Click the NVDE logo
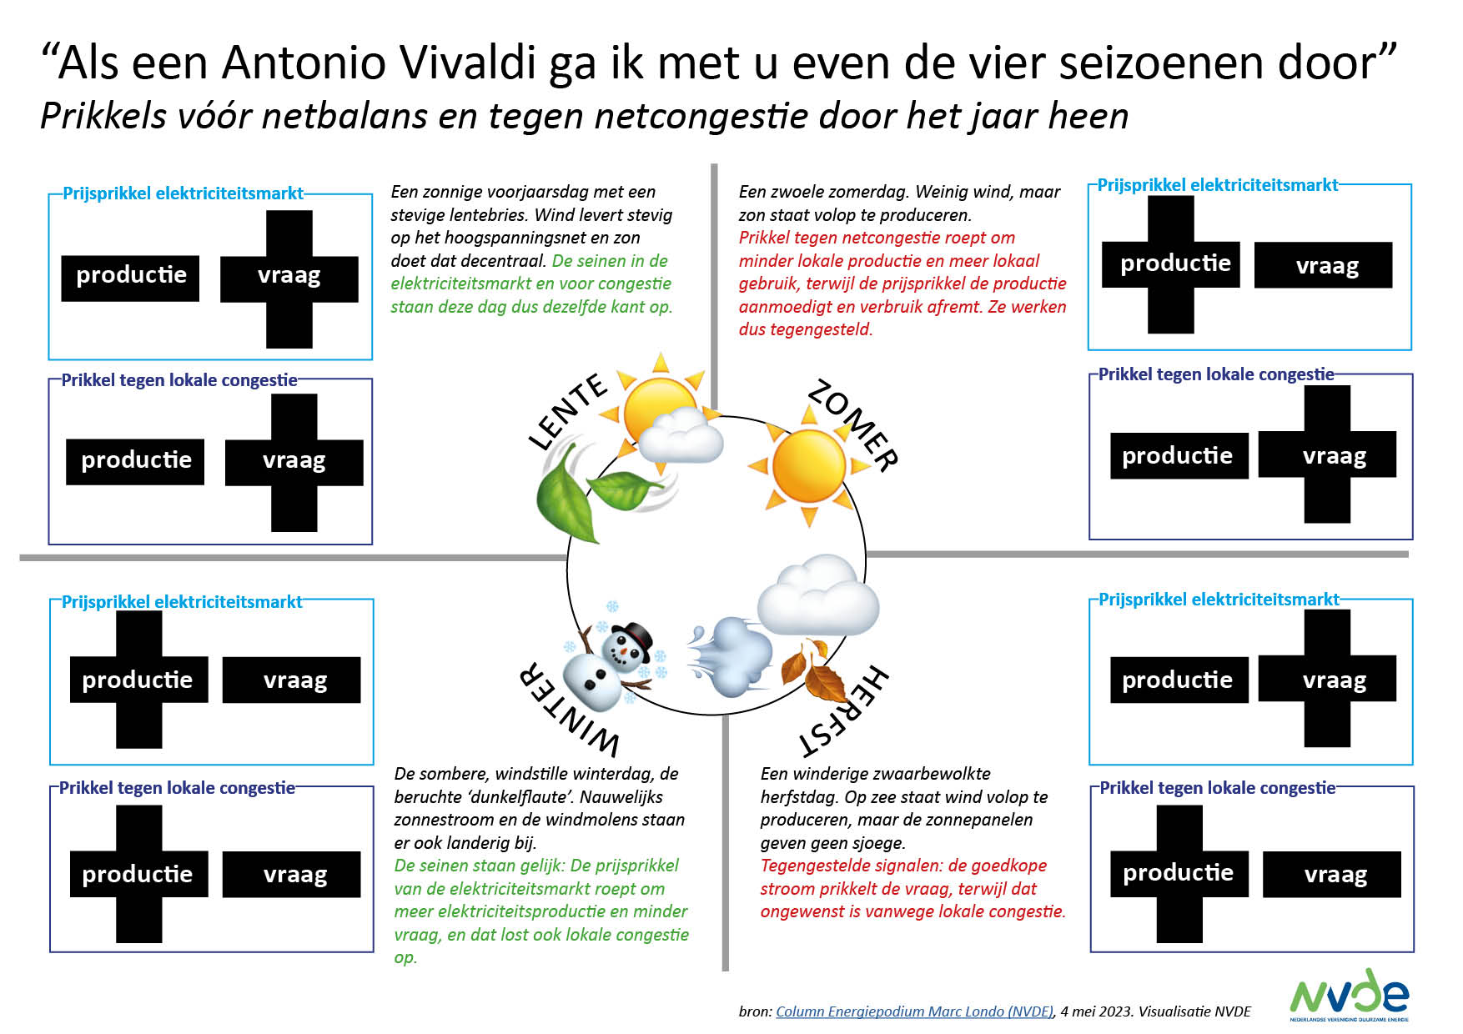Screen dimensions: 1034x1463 1349,994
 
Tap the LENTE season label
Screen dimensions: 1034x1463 569,411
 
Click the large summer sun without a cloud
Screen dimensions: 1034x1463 808,465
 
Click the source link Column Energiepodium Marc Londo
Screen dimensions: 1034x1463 914,1011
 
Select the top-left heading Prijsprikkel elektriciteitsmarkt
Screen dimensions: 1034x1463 183,193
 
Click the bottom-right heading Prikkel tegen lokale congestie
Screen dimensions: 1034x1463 1217,788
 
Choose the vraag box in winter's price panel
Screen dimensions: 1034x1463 294,680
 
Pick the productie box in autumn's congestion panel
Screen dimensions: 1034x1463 1178,873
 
